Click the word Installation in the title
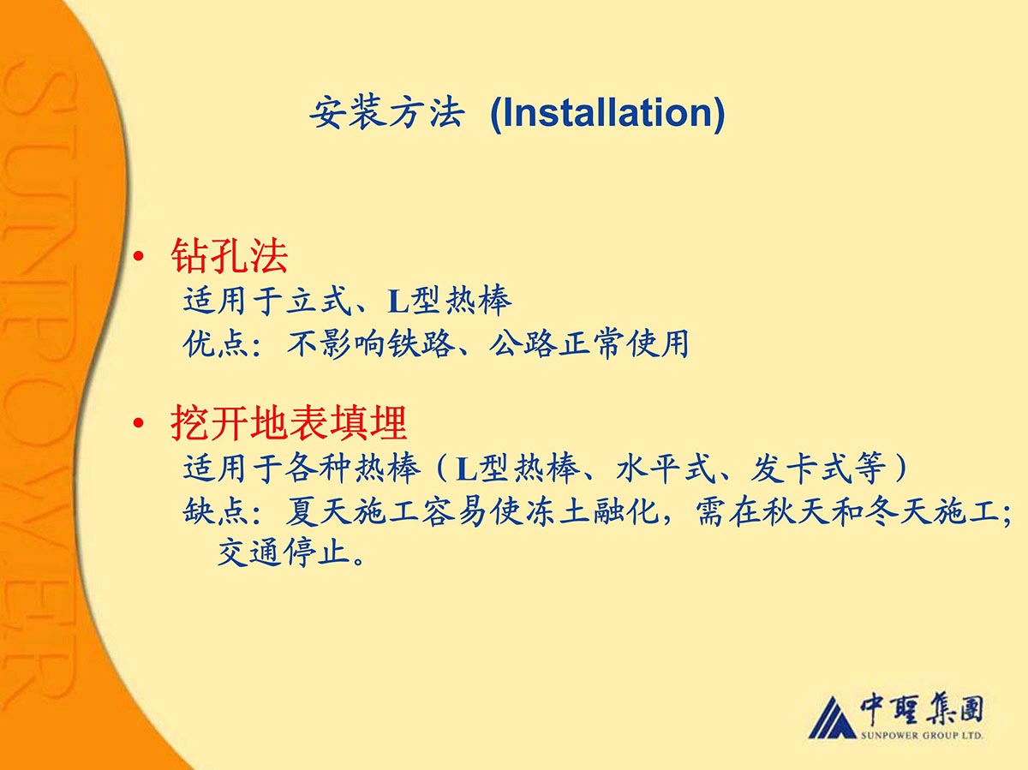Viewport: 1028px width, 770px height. (x=607, y=113)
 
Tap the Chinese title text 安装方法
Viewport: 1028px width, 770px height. (x=387, y=113)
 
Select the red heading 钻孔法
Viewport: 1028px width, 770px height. (x=229, y=255)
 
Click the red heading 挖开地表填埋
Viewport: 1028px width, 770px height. (x=289, y=423)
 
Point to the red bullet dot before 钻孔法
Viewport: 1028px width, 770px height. (x=139, y=256)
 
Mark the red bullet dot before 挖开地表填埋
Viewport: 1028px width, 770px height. (x=139, y=423)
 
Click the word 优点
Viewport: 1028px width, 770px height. (x=215, y=344)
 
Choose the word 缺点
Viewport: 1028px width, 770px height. (x=215, y=511)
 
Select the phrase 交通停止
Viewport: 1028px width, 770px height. (x=284, y=552)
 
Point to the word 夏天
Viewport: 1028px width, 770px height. (x=319, y=511)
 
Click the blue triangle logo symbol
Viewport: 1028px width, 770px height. (x=832, y=718)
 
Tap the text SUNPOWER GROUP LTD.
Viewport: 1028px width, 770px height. (x=921, y=736)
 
